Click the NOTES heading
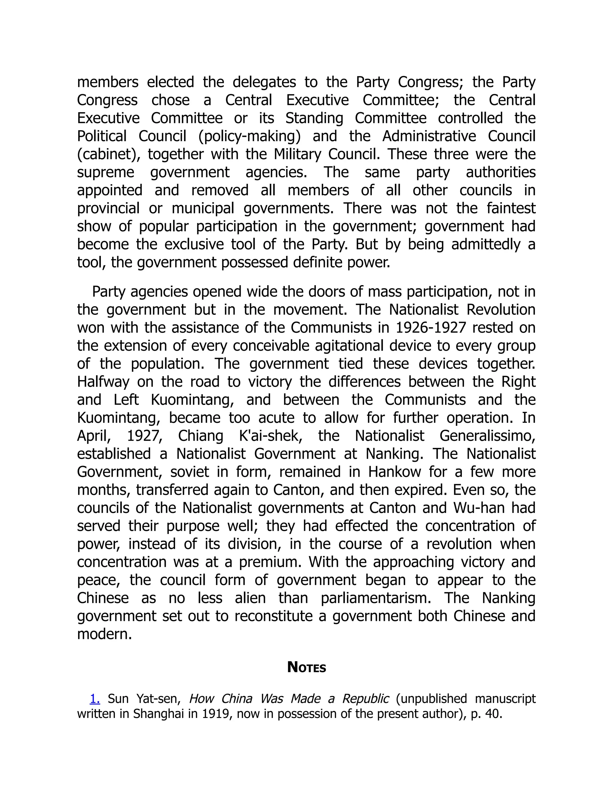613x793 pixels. tap(306, 667)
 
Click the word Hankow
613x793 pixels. tap(394, 472)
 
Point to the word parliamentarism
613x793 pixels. tap(376, 598)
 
